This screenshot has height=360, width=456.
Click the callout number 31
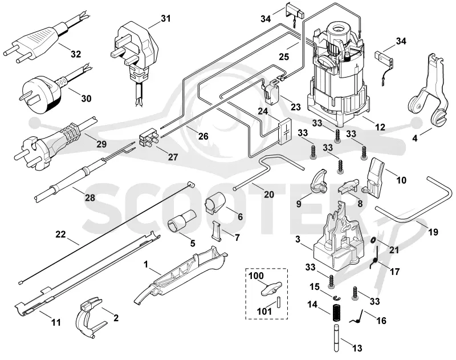click(x=165, y=19)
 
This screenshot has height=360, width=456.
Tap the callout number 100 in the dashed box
click(x=256, y=276)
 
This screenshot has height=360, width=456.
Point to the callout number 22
click(x=60, y=234)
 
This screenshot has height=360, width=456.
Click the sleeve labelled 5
click(x=182, y=222)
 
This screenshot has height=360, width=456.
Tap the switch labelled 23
click(x=272, y=90)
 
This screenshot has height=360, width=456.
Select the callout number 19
click(x=433, y=232)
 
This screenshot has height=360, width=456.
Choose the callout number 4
click(x=415, y=138)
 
